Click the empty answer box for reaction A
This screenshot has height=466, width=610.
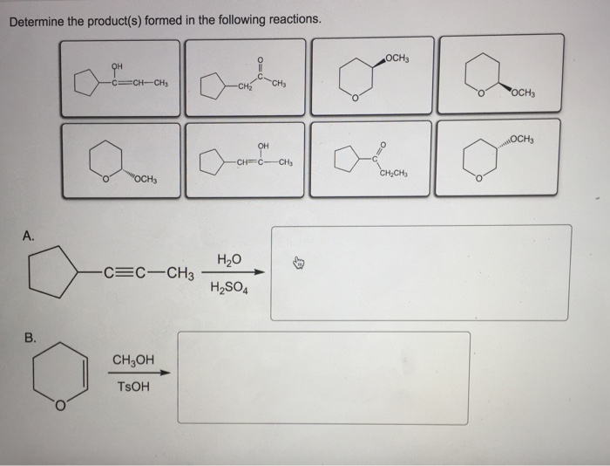click(420, 272)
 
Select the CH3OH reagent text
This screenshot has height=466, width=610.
click(132, 359)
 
